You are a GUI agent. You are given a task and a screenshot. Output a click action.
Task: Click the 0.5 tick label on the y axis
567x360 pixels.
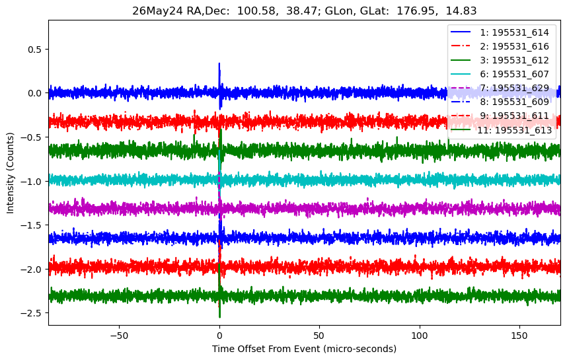pyautogui.click(x=35, y=49)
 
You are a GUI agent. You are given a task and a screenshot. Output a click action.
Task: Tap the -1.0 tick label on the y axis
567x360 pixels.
pyautogui.click(x=32, y=182)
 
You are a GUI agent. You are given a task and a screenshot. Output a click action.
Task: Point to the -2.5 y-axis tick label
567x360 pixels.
pyautogui.click(x=32, y=313)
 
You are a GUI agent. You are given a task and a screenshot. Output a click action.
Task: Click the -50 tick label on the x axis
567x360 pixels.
pyautogui.click(x=120, y=336)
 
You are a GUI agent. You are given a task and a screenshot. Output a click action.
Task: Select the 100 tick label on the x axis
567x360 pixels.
pyautogui.click(x=420, y=336)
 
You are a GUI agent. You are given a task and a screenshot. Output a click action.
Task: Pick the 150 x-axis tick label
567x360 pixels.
pyautogui.click(x=519, y=336)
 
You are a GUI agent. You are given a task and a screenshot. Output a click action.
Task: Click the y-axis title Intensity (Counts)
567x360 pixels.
pyautogui.click(x=10, y=173)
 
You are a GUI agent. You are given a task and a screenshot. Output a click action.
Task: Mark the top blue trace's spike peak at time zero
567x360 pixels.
pyautogui.click(x=219, y=63)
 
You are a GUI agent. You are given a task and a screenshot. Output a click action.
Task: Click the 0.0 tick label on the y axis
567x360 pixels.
pyautogui.click(x=35, y=93)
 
